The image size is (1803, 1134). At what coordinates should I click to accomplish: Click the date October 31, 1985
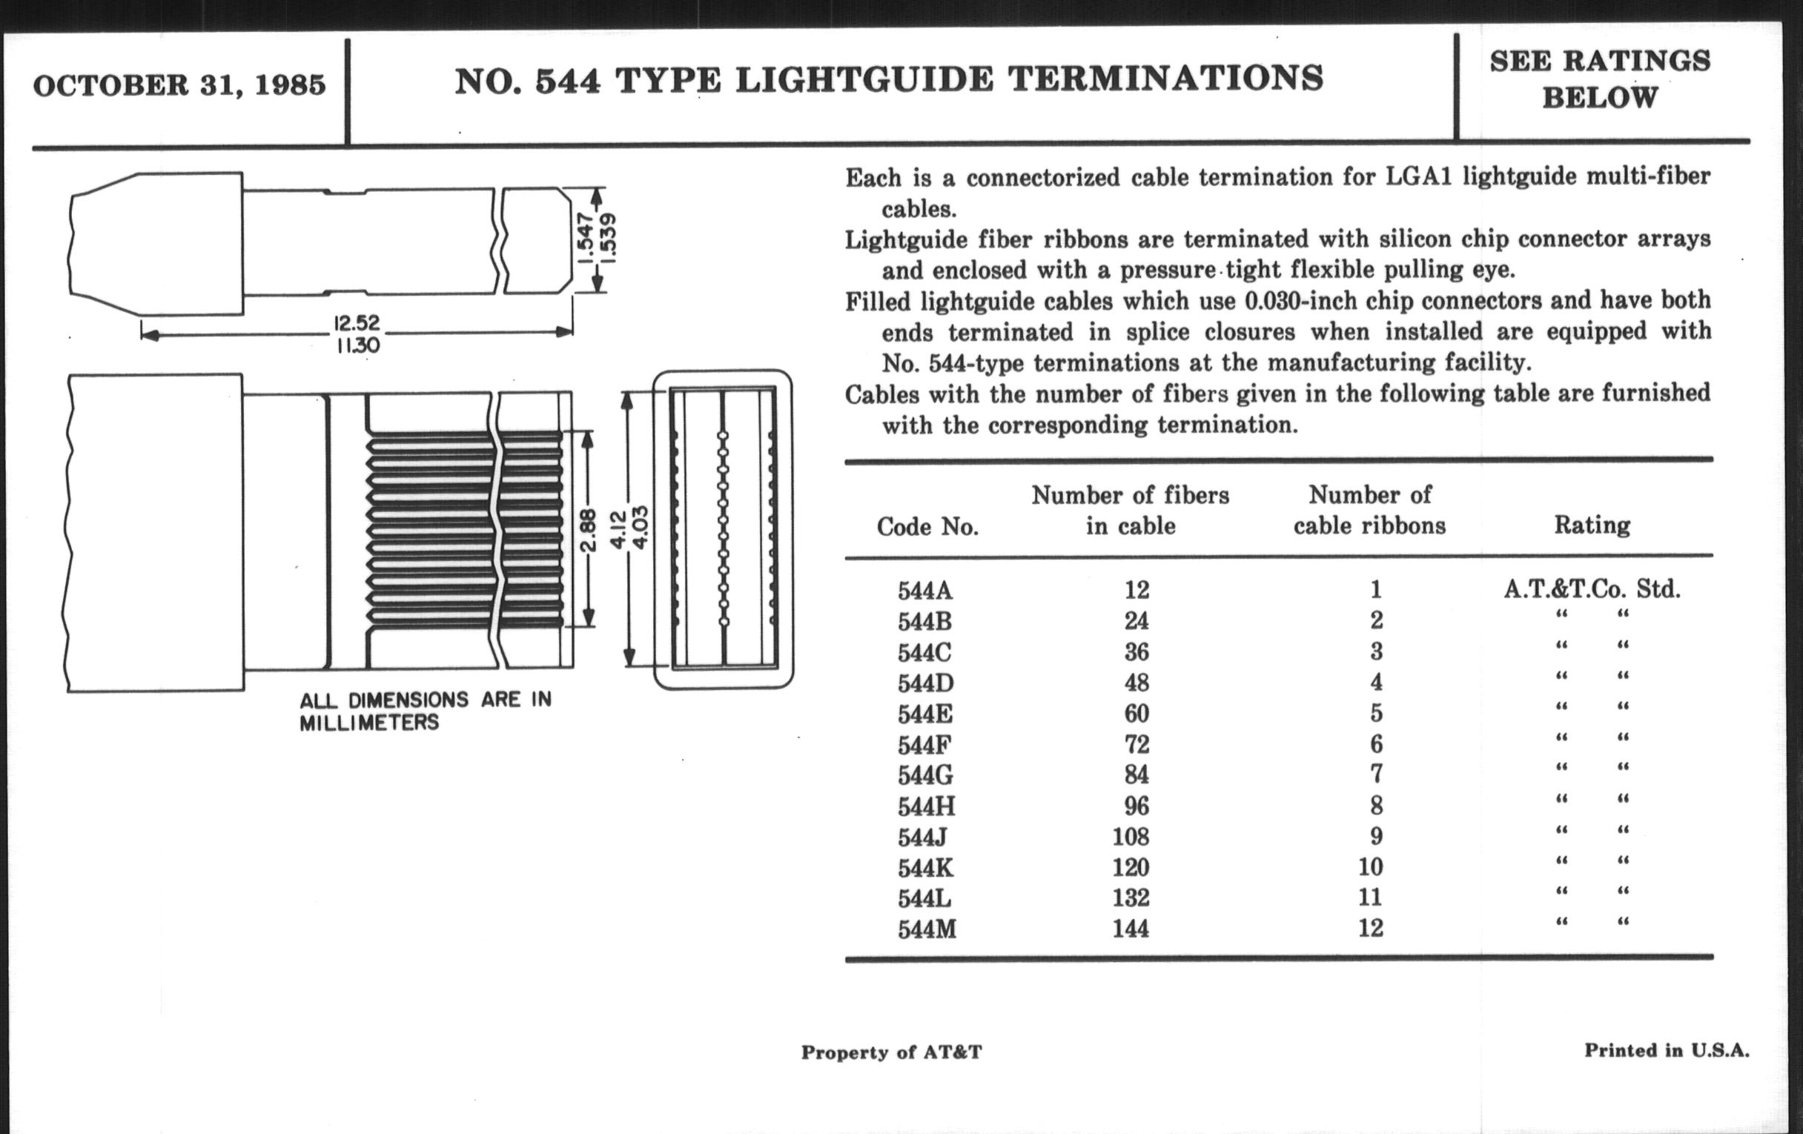click(179, 85)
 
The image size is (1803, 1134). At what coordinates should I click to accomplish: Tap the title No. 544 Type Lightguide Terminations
click(889, 80)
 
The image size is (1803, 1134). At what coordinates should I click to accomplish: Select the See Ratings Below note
click(1600, 79)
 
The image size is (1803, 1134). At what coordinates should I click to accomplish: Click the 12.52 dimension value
click(357, 323)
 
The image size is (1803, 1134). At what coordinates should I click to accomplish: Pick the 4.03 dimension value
click(642, 527)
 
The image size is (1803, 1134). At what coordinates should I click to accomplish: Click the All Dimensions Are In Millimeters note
click(426, 711)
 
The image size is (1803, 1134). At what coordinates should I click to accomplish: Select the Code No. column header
click(927, 527)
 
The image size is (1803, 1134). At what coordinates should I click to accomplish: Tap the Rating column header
click(1592, 525)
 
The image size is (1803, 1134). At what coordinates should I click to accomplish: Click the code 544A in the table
click(925, 591)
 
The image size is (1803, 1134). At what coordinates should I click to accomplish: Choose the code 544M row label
click(927, 929)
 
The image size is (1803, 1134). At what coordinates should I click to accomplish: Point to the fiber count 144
click(1130, 928)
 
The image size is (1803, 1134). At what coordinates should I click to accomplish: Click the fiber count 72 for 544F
click(1136, 744)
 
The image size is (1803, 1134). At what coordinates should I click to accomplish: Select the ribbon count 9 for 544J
click(1375, 836)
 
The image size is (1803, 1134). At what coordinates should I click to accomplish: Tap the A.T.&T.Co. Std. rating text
click(1592, 589)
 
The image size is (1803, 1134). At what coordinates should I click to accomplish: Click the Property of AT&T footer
click(891, 1052)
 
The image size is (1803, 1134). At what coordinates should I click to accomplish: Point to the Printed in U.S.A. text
click(1667, 1050)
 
